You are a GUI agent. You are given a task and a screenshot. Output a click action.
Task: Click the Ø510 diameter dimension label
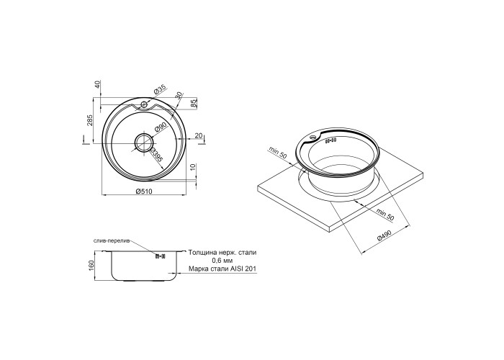click(144, 192)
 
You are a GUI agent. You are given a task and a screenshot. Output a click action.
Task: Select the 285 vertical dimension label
click(90, 120)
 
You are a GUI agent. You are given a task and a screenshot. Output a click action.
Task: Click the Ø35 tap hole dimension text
click(159, 89)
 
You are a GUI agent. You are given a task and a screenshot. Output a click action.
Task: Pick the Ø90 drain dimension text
click(160, 127)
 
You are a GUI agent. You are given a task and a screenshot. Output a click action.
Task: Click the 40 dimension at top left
click(98, 84)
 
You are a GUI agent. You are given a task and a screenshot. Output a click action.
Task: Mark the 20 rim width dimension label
click(199, 136)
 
